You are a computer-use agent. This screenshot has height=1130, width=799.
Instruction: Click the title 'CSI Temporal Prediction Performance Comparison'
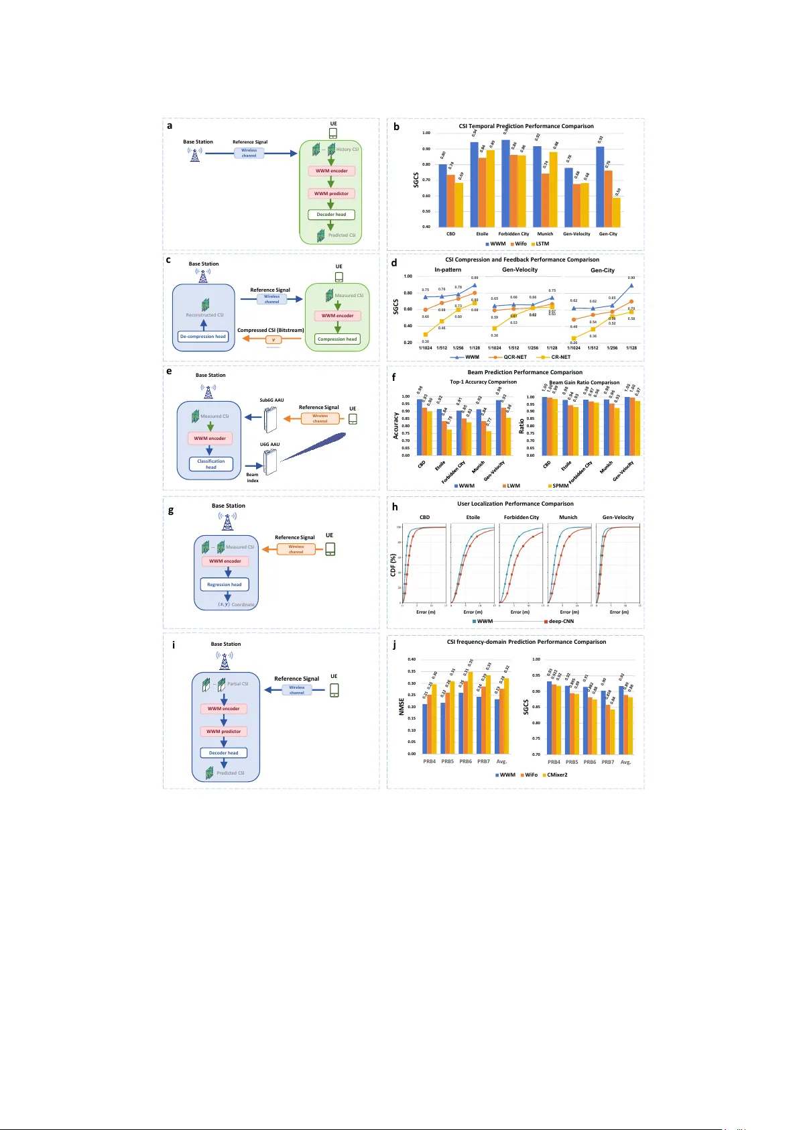click(x=526, y=126)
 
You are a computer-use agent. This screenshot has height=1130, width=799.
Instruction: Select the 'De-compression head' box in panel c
click(x=203, y=337)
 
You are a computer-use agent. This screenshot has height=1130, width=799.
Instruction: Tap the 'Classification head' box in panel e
click(x=210, y=464)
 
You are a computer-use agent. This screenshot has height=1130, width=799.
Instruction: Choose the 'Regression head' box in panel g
click(x=225, y=585)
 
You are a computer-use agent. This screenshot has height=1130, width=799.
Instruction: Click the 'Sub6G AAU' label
click(x=271, y=400)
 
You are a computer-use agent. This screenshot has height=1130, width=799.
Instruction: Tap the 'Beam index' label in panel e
click(x=253, y=477)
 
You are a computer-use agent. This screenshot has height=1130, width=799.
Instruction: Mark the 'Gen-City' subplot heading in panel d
click(x=603, y=270)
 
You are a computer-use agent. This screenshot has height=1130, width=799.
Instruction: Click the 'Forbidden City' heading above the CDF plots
click(x=521, y=518)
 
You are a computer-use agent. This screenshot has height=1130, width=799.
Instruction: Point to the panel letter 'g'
click(x=171, y=511)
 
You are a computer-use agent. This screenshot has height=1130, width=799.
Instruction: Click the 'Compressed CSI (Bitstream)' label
click(x=271, y=330)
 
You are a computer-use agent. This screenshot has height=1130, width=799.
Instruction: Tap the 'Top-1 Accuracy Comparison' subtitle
click(x=483, y=382)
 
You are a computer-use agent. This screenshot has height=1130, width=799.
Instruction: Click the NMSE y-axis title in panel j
click(x=402, y=707)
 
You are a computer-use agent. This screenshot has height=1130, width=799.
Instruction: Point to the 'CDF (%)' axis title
click(x=393, y=565)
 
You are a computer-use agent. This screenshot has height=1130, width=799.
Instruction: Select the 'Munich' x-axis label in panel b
click(x=546, y=234)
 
